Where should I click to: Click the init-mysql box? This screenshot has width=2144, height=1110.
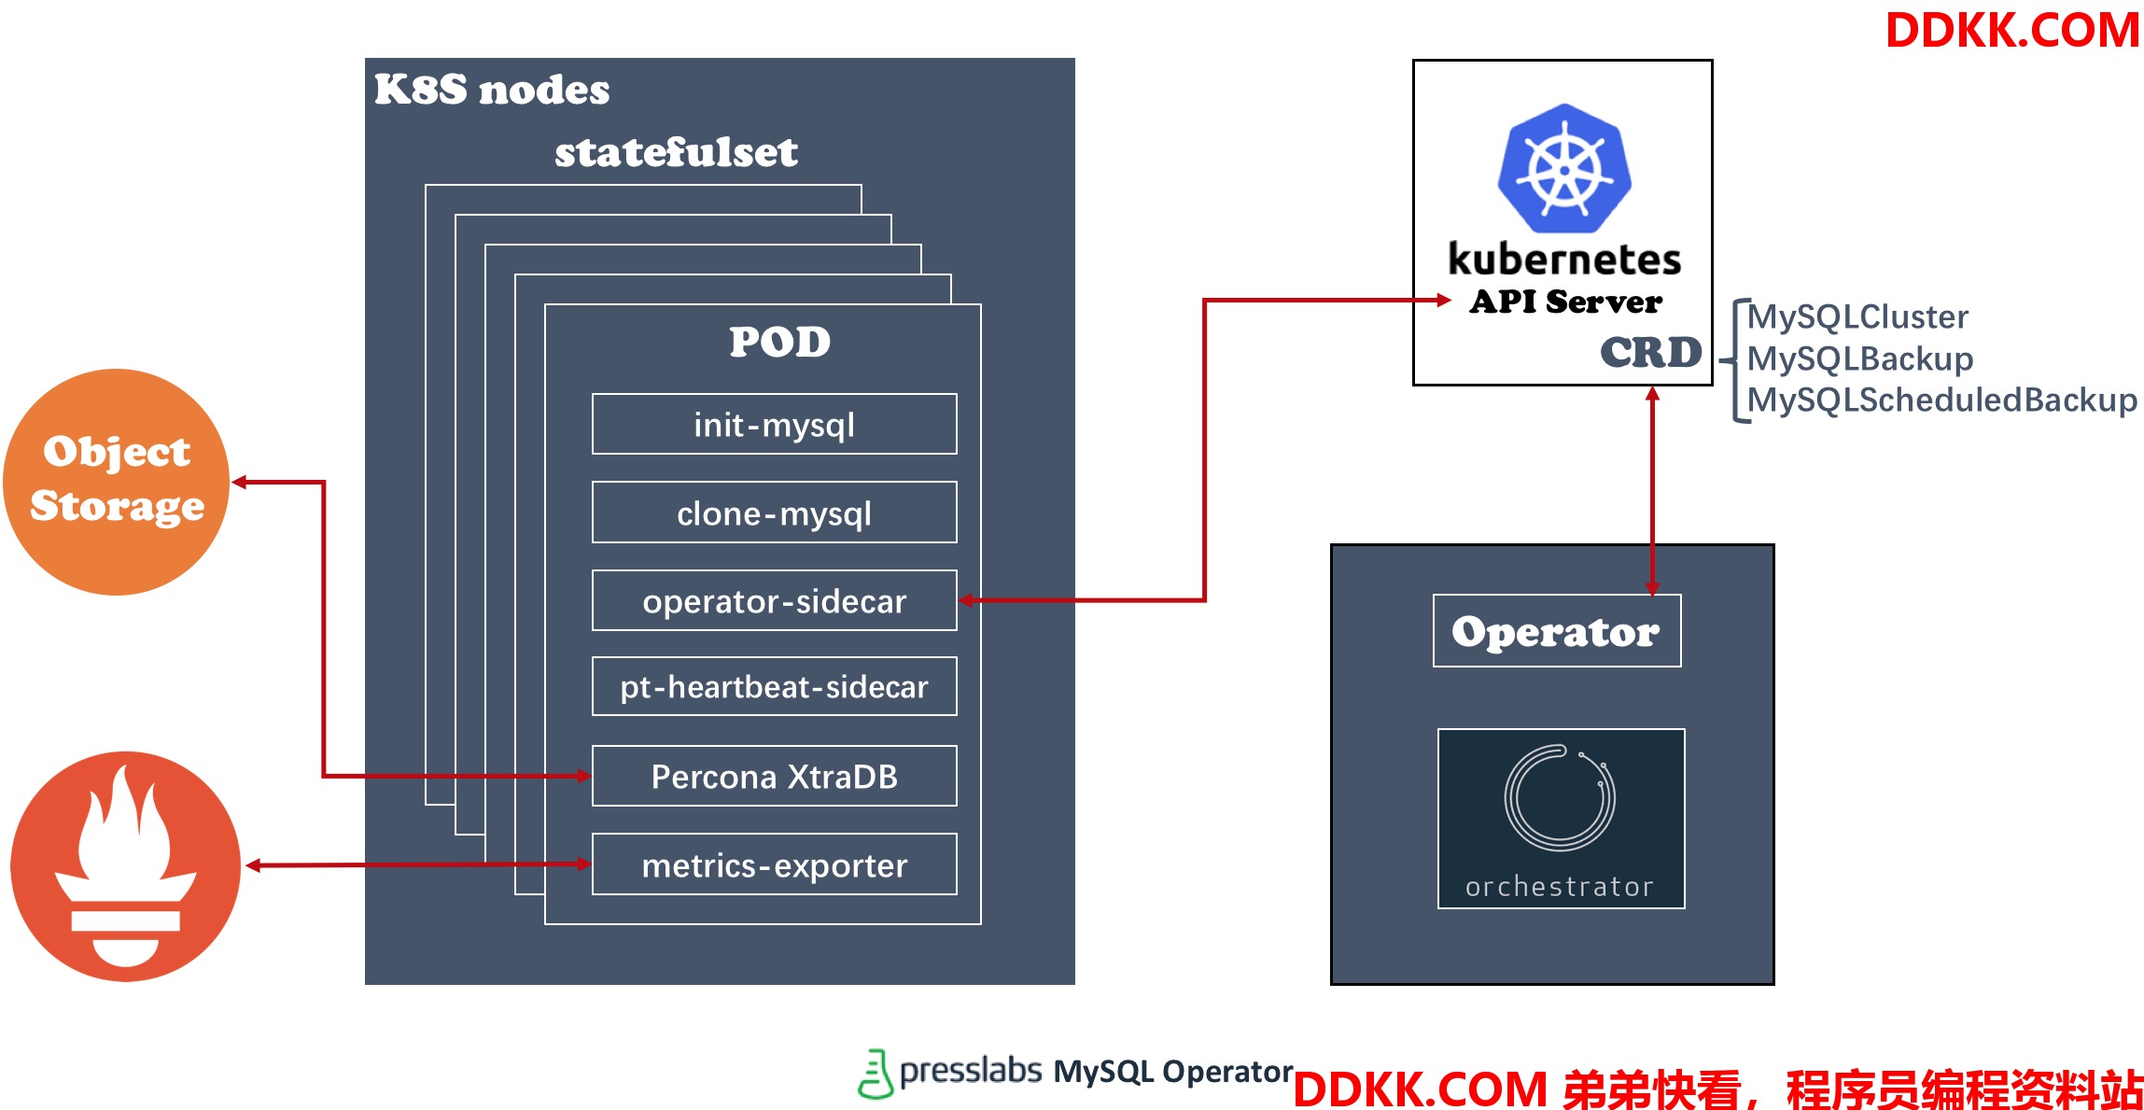pyautogui.click(x=774, y=424)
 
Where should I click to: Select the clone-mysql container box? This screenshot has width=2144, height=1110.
pyautogui.click(x=774, y=512)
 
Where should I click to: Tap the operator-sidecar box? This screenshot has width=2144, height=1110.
pyautogui.click(x=774, y=600)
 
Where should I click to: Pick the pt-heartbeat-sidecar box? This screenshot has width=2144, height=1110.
pyautogui.click(x=774, y=686)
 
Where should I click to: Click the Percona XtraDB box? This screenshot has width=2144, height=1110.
pyautogui.click(x=774, y=776)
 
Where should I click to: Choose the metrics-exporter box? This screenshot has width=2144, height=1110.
pyautogui.click(x=774, y=864)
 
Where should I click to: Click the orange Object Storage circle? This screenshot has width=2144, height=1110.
pyautogui.click(x=117, y=482)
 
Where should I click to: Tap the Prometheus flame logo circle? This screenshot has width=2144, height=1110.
pyautogui.click(x=126, y=866)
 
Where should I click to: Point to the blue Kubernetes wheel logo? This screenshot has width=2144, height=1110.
pyautogui.click(x=1564, y=168)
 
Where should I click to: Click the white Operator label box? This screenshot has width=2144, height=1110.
pyautogui.click(x=1557, y=631)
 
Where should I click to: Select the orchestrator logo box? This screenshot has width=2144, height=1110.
pyautogui.click(x=1561, y=819)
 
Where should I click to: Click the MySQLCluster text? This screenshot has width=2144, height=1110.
pyautogui.click(x=1857, y=316)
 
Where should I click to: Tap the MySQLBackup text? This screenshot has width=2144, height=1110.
pyautogui.click(x=1860, y=358)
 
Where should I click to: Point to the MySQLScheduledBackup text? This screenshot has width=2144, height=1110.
pyautogui.click(x=1942, y=400)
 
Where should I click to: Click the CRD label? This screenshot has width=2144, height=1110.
pyautogui.click(x=1651, y=352)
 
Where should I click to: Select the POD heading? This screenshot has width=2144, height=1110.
pyautogui.click(x=779, y=342)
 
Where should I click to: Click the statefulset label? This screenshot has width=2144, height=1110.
pyautogui.click(x=676, y=152)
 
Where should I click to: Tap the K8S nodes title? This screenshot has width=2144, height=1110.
pyautogui.click(x=492, y=90)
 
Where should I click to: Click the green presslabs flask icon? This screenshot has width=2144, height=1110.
pyautogui.click(x=875, y=1074)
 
